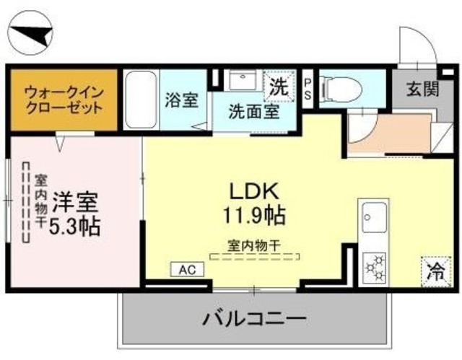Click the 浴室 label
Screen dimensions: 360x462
coord(180,100)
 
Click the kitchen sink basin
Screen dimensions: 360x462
coord(374,216)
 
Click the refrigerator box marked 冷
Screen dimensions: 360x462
coord(435,273)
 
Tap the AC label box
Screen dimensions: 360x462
coord(186,270)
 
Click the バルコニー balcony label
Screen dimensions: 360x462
coord(254,317)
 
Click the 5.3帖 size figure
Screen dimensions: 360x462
coord(74,226)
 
